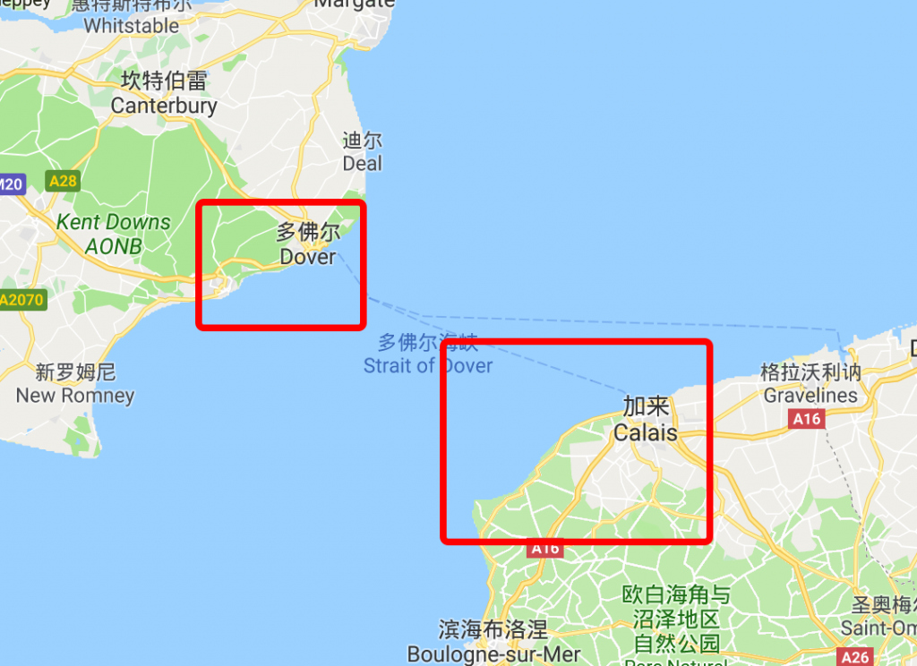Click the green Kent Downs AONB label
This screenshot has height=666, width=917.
tap(113, 234)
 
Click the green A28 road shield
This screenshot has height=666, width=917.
tap(63, 182)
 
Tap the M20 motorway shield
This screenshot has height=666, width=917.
tap(11, 185)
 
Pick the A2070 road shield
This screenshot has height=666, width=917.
tap(21, 300)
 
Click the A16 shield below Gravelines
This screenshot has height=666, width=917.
tap(806, 418)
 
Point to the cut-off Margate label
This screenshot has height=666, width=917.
tap(355, 4)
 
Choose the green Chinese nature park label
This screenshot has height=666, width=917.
tap(676, 619)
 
